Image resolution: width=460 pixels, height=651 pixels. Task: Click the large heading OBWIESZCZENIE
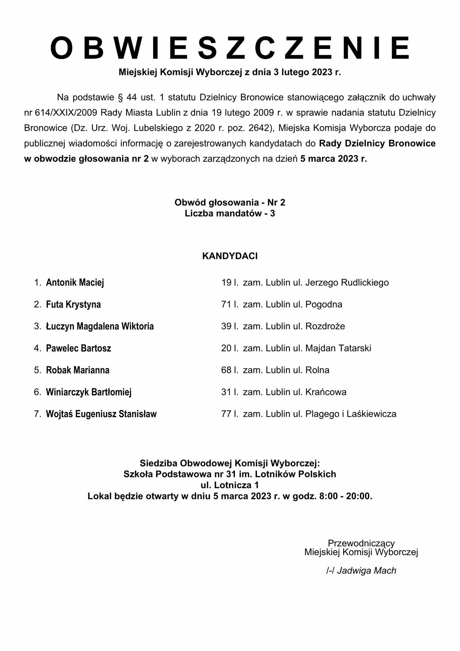[230, 48]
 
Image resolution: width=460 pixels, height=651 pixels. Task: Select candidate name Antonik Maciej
[75, 283]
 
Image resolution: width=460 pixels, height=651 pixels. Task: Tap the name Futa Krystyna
[73, 305]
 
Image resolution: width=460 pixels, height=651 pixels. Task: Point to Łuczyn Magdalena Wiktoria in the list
[100, 327]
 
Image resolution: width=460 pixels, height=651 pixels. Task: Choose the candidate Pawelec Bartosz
[78, 349]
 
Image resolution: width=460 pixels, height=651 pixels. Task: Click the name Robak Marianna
[77, 370]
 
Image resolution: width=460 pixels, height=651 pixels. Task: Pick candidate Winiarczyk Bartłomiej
[88, 392]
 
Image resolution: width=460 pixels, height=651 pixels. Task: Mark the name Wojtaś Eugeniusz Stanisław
[101, 414]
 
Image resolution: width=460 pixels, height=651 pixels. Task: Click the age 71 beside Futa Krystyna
[226, 305]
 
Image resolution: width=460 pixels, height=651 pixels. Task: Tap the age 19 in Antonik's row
[226, 283]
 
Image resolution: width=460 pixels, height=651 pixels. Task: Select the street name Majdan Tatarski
[338, 349]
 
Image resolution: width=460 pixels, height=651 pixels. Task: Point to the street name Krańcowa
[326, 392]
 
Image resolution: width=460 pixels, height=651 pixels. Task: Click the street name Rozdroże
[325, 327]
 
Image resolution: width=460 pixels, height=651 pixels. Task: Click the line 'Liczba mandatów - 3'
[230, 214]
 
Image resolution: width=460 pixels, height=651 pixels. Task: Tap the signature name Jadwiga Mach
[367, 571]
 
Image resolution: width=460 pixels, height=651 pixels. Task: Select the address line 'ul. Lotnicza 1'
[230, 486]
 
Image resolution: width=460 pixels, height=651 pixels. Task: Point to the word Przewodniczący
[361, 543]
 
